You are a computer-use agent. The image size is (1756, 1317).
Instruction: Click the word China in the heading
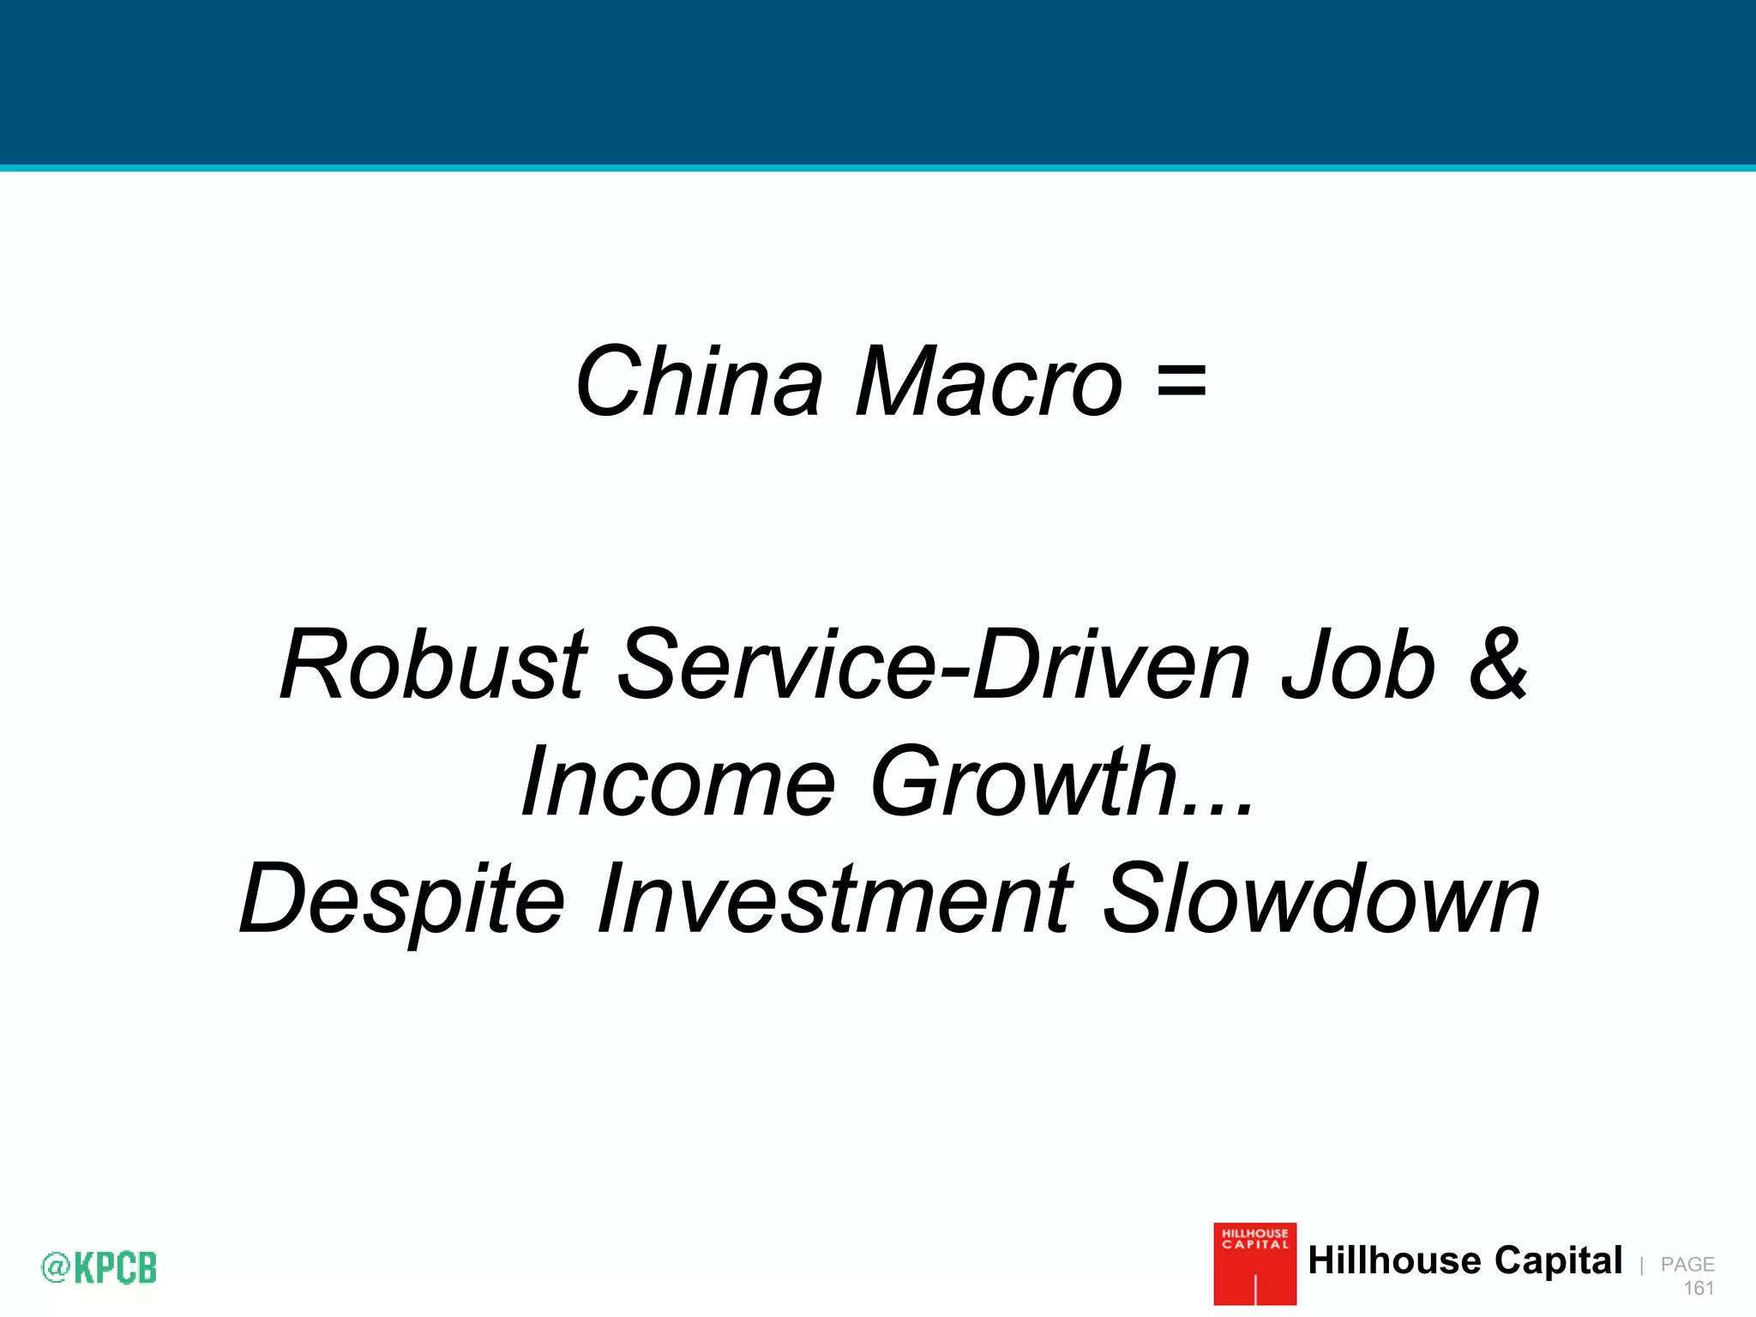[x=699, y=382]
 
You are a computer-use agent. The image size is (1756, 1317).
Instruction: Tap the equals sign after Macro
[x=1182, y=381]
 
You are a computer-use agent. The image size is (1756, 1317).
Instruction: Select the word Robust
[x=434, y=665]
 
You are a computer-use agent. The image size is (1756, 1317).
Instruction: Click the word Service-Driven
[x=935, y=665]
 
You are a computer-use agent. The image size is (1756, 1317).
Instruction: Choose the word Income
[x=677, y=782]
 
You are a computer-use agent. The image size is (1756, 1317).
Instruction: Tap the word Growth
[x=1024, y=782]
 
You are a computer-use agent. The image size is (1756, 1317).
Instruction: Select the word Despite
[x=402, y=900]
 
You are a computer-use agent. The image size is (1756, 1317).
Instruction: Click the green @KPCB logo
[x=99, y=1267]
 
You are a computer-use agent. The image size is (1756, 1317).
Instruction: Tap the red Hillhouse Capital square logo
[x=1254, y=1264]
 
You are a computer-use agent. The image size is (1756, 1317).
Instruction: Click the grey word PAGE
[x=1687, y=1264]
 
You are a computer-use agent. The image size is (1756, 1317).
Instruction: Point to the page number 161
[x=1698, y=1288]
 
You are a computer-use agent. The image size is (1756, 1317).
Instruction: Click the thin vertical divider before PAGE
[x=1641, y=1266]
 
